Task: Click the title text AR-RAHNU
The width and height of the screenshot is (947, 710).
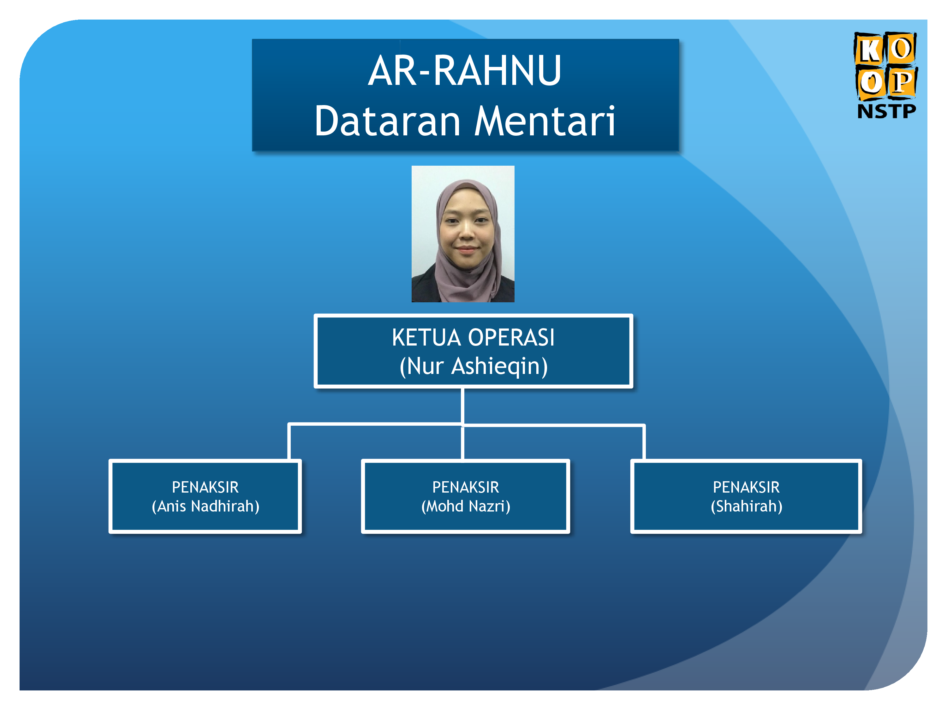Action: (x=465, y=71)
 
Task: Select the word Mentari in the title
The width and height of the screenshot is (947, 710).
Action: (x=545, y=121)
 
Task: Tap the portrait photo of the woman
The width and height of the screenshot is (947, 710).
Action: (x=463, y=234)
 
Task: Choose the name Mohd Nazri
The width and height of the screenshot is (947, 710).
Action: (x=466, y=506)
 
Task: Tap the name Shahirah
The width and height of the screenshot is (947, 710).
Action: (x=747, y=506)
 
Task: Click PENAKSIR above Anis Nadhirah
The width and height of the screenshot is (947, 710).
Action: (x=205, y=487)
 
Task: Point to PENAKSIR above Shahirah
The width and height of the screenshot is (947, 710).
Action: (x=746, y=487)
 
